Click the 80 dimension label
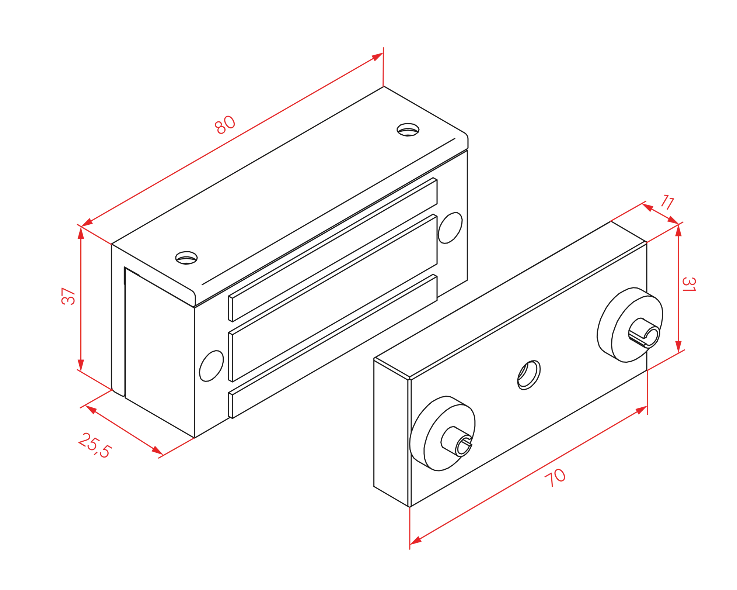pyautogui.click(x=225, y=125)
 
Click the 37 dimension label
pyautogui.click(x=69, y=296)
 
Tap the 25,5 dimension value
pyautogui.click(x=95, y=445)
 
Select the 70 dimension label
pyautogui.click(x=555, y=477)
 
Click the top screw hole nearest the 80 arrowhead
pyautogui.click(x=408, y=130)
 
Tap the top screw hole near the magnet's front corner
pyautogui.click(x=186, y=258)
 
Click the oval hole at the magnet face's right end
pyautogui.click(x=450, y=228)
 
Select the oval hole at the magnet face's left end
pyautogui.click(x=211, y=366)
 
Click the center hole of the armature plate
pyautogui.click(x=529, y=375)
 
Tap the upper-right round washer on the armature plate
pyautogui.click(x=630, y=325)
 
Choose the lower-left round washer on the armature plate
pyautogui.click(x=442, y=434)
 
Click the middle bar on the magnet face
pyautogui.click(x=333, y=298)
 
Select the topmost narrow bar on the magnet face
pyautogui.click(x=333, y=249)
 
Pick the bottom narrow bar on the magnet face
pyautogui.click(x=333, y=346)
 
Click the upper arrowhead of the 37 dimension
pyautogui.click(x=81, y=232)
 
